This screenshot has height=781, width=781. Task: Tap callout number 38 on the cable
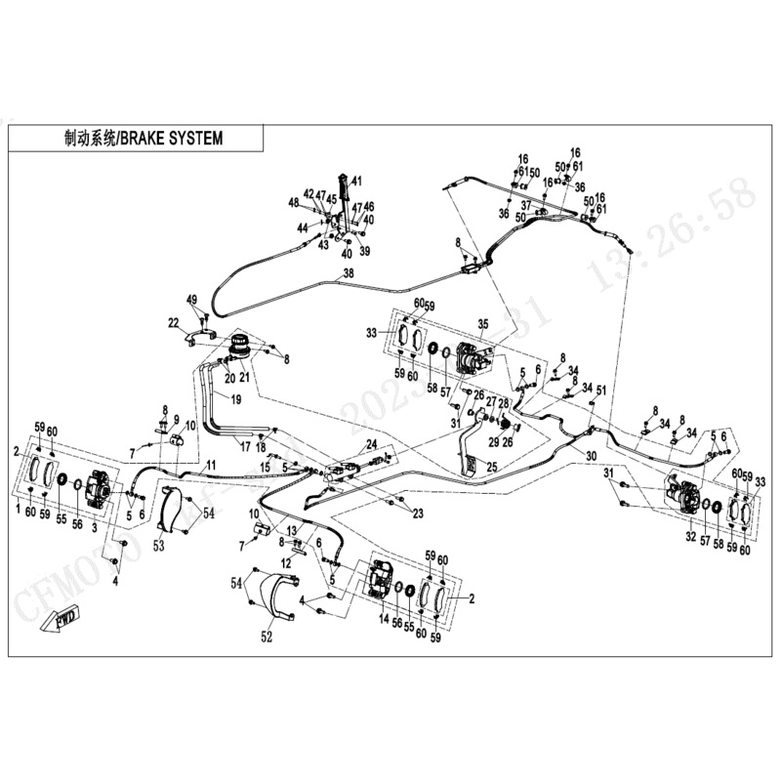349,275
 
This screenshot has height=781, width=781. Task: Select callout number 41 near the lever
356,181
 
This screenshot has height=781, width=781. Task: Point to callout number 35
482,324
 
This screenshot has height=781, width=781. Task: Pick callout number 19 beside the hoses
235,399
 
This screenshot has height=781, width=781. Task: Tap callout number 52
266,638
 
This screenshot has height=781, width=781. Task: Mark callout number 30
590,456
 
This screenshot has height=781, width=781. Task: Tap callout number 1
18,511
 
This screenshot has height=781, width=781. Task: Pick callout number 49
192,299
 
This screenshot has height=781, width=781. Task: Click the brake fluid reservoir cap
239,345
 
